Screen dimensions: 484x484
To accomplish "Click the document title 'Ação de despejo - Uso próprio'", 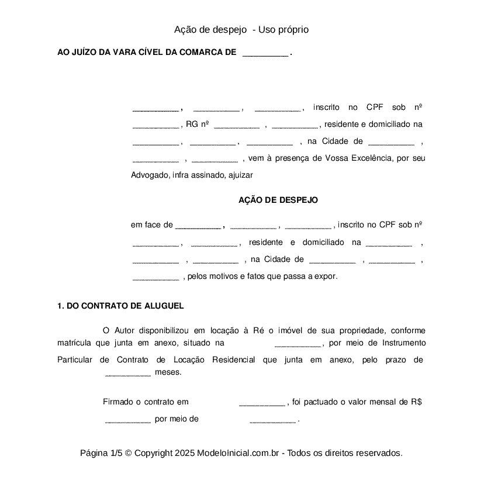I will point(241,29).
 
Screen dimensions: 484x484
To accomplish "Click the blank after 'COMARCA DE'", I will point(265,53).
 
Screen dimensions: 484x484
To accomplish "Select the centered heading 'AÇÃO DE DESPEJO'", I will point(278,200).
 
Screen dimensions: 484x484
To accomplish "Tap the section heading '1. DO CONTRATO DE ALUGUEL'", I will point(120,306).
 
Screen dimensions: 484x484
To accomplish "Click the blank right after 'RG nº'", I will point(237,125).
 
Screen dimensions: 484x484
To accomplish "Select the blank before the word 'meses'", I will point(128,372).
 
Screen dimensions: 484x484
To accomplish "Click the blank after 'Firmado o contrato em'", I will point(262,402).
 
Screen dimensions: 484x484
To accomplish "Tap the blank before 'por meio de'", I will point(128,419).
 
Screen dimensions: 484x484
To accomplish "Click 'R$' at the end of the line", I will point(416,402).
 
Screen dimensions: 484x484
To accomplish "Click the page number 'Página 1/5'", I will point(101,453).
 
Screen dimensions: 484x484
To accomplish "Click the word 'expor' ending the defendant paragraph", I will point(327,276).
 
